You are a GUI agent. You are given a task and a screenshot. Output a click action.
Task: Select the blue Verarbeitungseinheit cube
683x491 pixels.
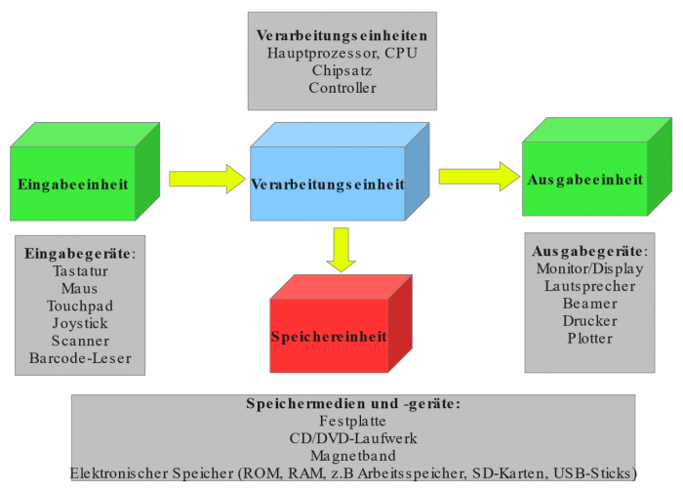tap(328, 184)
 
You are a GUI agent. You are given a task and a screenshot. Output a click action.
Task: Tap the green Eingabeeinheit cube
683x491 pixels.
tap(73, 183)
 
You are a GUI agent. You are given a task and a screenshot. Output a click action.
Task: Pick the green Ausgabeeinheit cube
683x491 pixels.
tap(584, 180)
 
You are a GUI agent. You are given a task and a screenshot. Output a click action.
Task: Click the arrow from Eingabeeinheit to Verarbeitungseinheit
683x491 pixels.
tap(206, 179)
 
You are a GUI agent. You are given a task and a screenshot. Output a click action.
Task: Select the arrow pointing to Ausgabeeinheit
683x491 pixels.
tap(477, 176)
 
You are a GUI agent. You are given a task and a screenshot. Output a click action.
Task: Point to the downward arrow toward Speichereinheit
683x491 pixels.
tap(341, 248)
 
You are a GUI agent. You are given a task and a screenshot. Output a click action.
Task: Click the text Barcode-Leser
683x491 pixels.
tap(80, 358)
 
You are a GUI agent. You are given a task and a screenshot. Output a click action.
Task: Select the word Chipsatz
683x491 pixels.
tap(341, 71)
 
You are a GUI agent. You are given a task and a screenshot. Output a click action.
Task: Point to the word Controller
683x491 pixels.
tap(341, 88)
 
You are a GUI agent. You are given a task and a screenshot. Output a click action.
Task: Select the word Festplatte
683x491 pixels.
tap(352, 421)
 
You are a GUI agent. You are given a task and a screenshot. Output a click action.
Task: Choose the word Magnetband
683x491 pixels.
tap(352, 456)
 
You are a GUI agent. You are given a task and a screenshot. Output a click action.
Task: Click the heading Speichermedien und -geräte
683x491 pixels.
tap(352, 403)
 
